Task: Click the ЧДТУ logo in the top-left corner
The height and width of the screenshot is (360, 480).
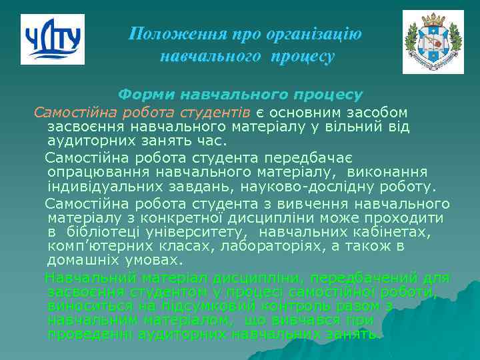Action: (x=53, y=39)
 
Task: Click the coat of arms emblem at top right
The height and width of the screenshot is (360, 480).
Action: (x=433, y=42)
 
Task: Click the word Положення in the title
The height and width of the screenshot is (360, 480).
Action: (x=161, y=33)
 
